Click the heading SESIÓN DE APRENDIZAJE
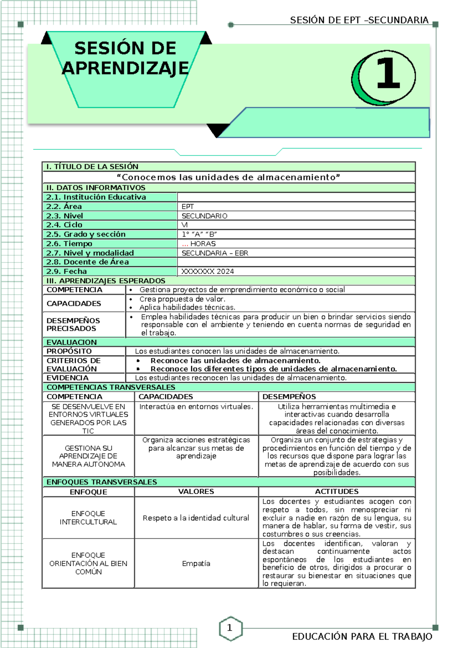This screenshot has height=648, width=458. coord(125,58)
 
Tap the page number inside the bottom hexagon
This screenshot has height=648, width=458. coord(229,627)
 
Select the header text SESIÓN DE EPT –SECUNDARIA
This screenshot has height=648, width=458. coord(359,20)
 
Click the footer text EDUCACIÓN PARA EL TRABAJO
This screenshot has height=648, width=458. coord(362,637)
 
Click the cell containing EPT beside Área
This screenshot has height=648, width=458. coord(188,207)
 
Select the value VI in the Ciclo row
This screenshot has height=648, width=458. coord(185,225)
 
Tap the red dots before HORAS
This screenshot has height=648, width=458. coord(185,244)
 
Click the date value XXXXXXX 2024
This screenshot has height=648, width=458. coord(208,272)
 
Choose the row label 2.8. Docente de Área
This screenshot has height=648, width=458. coord(87,262)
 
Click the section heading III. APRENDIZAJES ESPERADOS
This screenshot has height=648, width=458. coord(106,281)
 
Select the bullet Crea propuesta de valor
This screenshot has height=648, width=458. coord(182,299)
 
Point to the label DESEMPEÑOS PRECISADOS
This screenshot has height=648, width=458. coord(73,325)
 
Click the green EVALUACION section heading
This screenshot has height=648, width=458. coord(72,342)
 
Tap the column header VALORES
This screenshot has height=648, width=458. coord(196,492)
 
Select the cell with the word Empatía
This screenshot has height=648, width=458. coord(196,564)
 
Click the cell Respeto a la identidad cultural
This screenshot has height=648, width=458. coord(196,518)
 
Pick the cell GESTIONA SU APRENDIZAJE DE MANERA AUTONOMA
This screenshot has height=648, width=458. coord(89,456)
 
